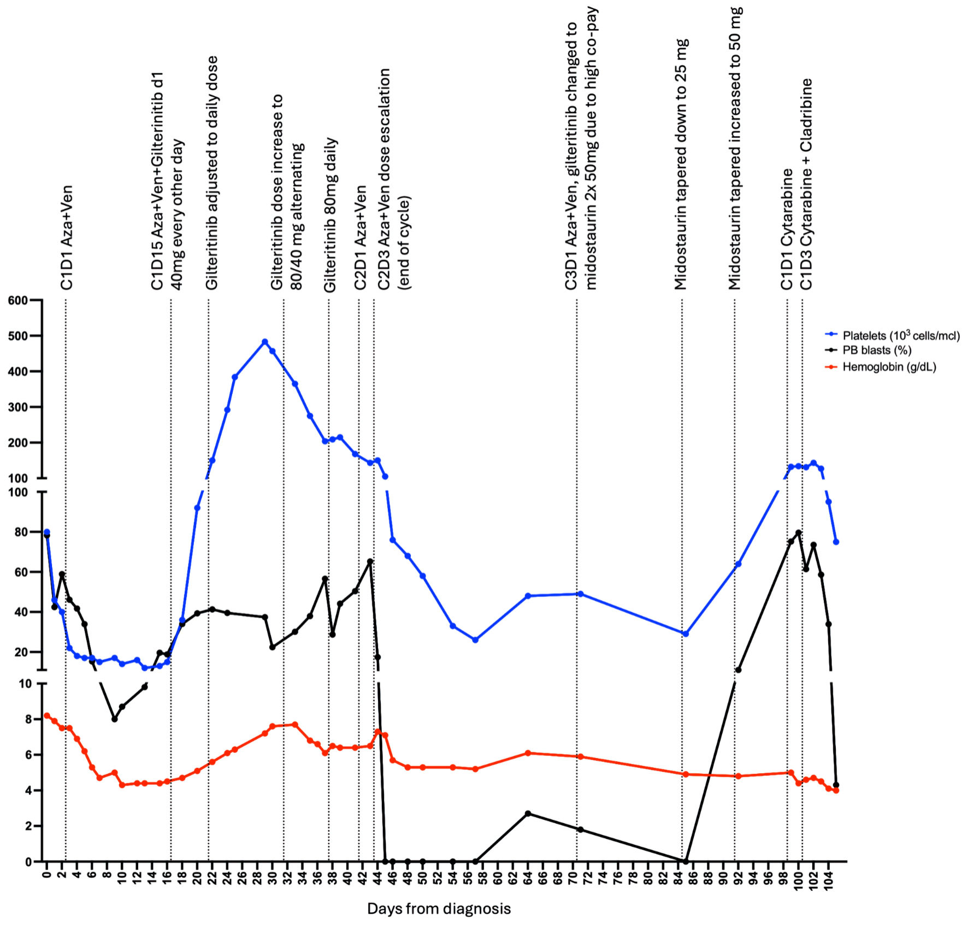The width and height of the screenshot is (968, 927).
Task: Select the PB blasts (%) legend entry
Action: [x=877, y=350]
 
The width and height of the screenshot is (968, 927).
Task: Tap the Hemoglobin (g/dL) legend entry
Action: [x=889, y=367]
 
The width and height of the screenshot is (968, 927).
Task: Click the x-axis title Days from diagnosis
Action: [x=439, y=908]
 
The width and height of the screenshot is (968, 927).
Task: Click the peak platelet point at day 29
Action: [x=265, y=342]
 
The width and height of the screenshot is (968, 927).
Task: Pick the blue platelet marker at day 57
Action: [x=475, y=639]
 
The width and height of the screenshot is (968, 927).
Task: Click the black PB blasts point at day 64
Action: [x=528, y=814]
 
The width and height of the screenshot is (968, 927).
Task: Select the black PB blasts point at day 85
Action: [x=686, y=861]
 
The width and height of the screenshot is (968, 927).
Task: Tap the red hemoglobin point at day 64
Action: [x=528, y=753]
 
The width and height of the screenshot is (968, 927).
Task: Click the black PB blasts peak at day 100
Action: [x=799, y=532]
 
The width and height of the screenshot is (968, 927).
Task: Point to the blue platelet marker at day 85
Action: [x=686, y=633]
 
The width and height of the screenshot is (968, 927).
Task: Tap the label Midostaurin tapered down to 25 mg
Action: [x=681, y=164]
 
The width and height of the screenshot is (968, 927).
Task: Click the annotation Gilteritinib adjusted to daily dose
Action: [x=211, y=172]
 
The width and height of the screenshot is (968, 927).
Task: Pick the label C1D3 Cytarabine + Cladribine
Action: [x=806, y=184]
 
